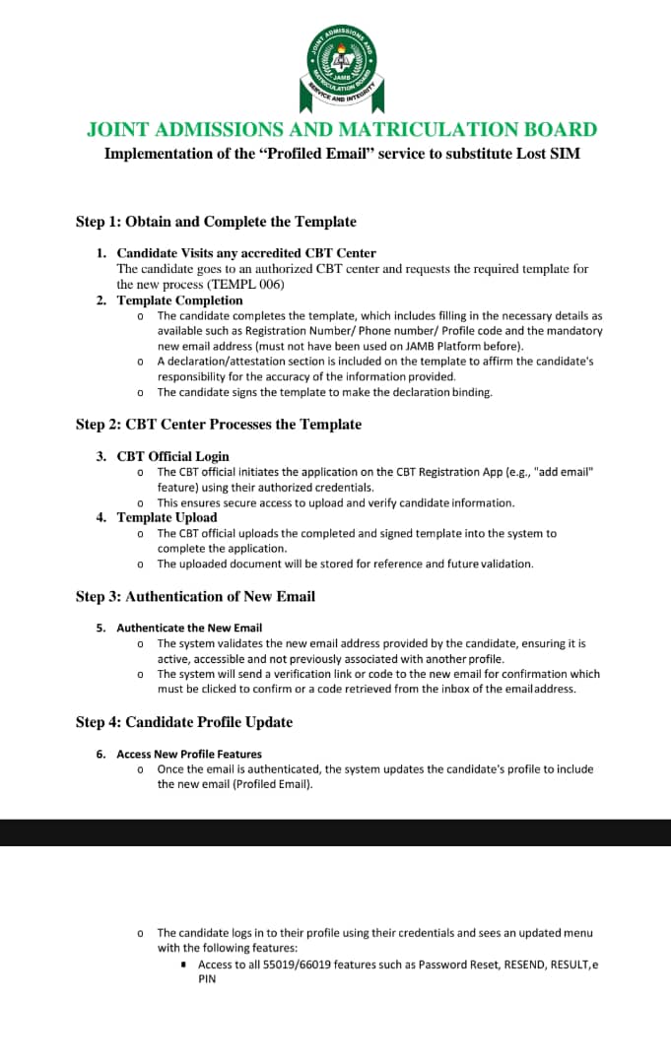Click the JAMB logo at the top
[x=341, y=68]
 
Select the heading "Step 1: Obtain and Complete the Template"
[x=216, y=222]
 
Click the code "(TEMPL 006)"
[x=245, y=284]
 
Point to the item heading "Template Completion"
[x=179, y=300]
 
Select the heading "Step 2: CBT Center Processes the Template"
[x=219, y=425]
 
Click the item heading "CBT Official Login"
[x=172, y=456]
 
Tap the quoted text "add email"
[x=565, y=472]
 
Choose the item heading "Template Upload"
[x=167, y=517]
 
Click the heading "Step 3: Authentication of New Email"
[x=195, y=597]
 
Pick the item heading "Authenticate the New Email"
[x=189, y=628]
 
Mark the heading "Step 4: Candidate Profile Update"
[x=184, y=722]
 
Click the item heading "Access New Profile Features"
[x=189, y=754]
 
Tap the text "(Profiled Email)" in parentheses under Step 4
[x=271, y=785]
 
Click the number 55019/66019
[x=299, y=964]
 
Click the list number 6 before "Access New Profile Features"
[x=101, y=754]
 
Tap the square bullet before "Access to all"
[x=184, y=964]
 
